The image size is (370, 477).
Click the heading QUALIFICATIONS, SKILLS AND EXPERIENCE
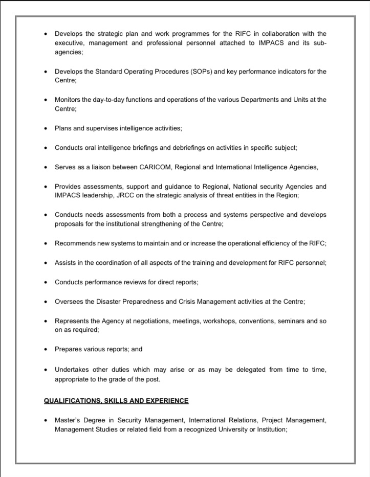click(x=116, y=401)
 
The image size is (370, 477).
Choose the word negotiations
click(x=148, y=321)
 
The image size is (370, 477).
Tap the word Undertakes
click(x=74, y=370)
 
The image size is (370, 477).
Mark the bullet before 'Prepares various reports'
click(x=46, y=350)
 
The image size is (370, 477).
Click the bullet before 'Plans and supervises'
click(x=46, y=128)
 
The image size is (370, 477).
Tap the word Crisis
click(x=189, y=302)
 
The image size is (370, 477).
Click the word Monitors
click(x=69, y=100)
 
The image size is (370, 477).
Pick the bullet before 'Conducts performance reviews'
click(x=46, y=282)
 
